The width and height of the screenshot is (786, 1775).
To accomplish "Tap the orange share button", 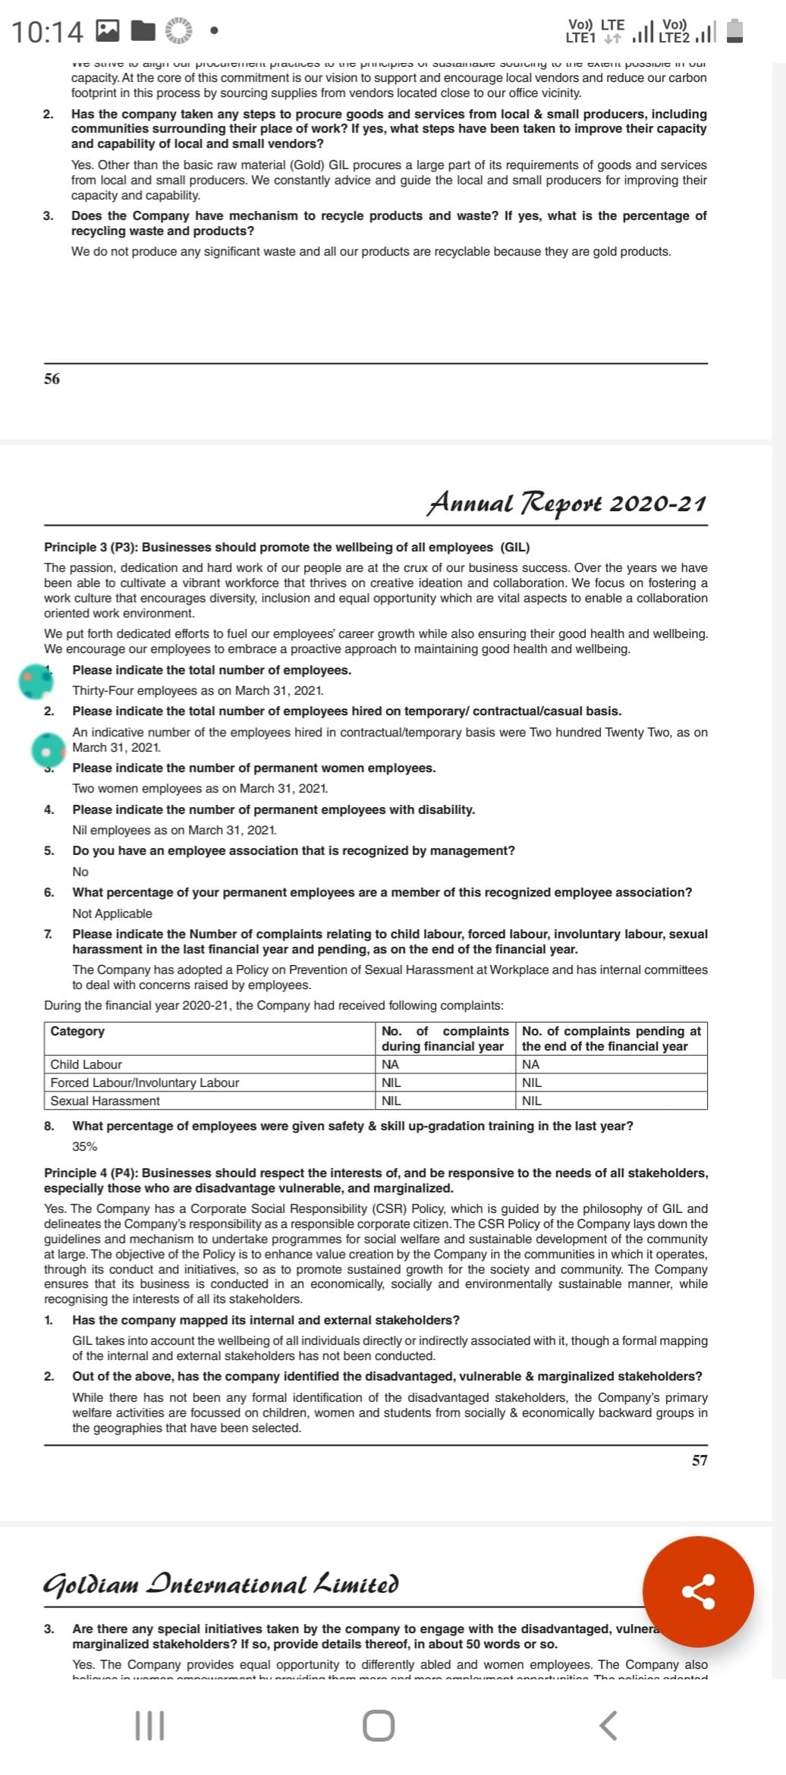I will click(698, 1591).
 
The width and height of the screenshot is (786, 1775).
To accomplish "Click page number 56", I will click(52, 379).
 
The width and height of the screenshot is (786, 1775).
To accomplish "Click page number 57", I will click(700, 1460).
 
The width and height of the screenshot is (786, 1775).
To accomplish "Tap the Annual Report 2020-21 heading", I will click(567, 503).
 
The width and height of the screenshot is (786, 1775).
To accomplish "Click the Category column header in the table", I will click(77, 1031).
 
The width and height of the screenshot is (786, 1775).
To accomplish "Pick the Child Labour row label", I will click(86, 1064).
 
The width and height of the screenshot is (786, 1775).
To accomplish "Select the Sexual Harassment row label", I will click(105, 1101).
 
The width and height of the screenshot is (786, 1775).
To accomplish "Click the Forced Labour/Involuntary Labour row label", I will click(144, 1082).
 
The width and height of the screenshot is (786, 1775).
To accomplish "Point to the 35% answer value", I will click(84, 1146).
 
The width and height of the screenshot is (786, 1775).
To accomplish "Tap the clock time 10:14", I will click(47, 32).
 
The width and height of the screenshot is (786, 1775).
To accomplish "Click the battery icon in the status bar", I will click(734, 31).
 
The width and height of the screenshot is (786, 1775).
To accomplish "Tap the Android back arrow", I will click(608, 1726).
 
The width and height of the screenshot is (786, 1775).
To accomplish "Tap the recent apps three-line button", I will click(149, 1726).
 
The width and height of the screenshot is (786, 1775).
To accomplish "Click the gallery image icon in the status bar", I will click(108, 31).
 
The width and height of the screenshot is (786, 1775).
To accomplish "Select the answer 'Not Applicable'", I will click(112, 913).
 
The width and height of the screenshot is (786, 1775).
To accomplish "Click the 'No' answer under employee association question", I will click(80, 872).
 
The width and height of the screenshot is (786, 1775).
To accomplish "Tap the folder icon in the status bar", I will click(143, 31).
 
